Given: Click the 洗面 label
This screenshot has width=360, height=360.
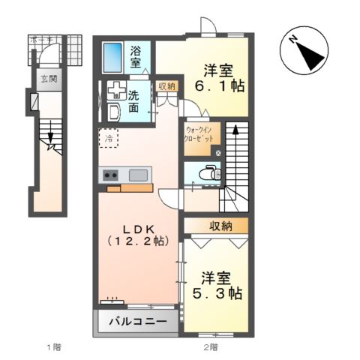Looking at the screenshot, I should tap(133, 100).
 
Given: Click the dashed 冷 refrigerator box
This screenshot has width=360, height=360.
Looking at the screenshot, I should tap(109, 139).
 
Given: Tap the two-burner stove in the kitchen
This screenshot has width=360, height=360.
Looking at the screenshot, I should tap(109, 175).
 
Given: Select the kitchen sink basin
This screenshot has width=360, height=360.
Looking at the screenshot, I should tap(138, 175).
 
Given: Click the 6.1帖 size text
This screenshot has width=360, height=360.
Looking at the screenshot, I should tap(220, 87).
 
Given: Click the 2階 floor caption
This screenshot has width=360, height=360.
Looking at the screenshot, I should tap(211, 346).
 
